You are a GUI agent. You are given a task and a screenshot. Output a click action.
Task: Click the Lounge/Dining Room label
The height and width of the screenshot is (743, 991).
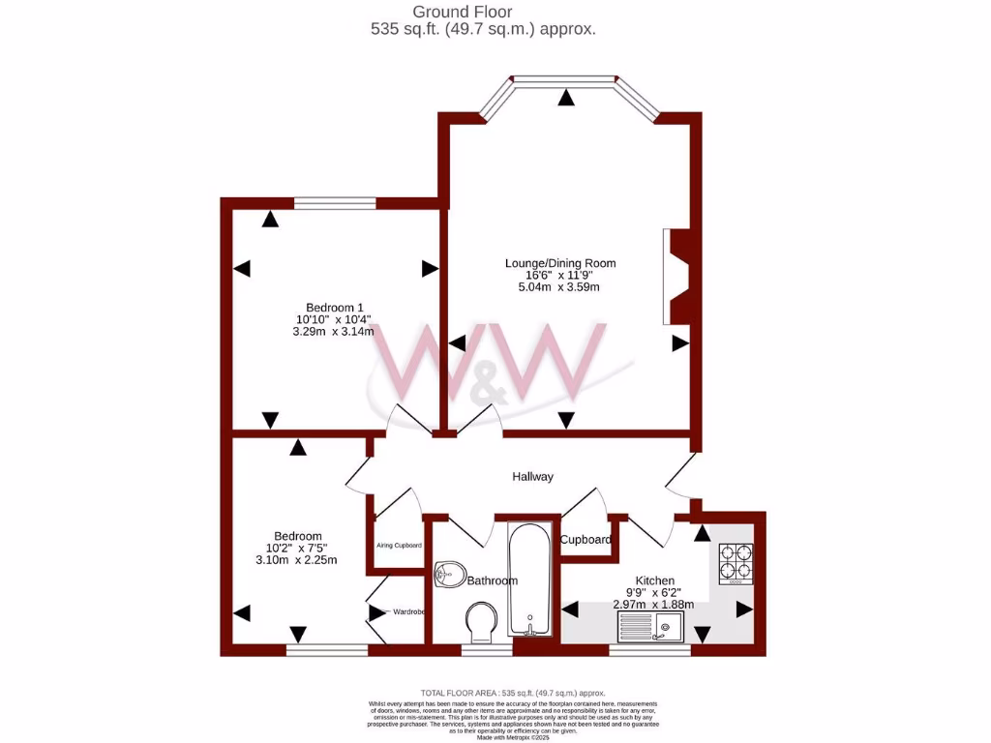point(560,263)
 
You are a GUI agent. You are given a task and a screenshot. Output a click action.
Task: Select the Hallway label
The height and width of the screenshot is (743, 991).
point(533,476)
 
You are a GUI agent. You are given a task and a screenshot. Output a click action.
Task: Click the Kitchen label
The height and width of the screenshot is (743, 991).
point(654,580)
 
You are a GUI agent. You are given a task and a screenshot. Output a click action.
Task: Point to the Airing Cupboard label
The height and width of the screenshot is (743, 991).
point(399,546)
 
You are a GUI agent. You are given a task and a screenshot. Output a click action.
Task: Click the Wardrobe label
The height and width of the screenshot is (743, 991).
point(408,611)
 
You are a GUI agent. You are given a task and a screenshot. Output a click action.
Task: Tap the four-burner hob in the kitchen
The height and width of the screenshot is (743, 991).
point(736,563)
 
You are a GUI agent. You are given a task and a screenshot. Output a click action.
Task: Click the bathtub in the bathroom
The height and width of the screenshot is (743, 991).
point(529,580)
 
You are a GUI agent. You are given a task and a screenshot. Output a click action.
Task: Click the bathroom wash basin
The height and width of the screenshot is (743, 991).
point(450,575)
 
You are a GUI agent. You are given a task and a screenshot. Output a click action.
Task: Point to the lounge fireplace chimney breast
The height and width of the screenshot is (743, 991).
point(680,277)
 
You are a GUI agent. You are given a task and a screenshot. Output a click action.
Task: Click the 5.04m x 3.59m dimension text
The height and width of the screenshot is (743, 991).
point(560,286)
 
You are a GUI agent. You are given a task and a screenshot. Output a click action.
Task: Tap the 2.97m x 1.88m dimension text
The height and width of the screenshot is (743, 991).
point(654,604)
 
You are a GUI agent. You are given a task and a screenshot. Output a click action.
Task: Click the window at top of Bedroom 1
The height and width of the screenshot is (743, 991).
point(335,203)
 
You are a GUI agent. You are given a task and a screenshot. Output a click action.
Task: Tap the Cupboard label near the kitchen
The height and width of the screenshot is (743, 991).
point(586,539)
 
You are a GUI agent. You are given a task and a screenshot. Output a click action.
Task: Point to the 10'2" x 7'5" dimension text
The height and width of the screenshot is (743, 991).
point(296,548)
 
